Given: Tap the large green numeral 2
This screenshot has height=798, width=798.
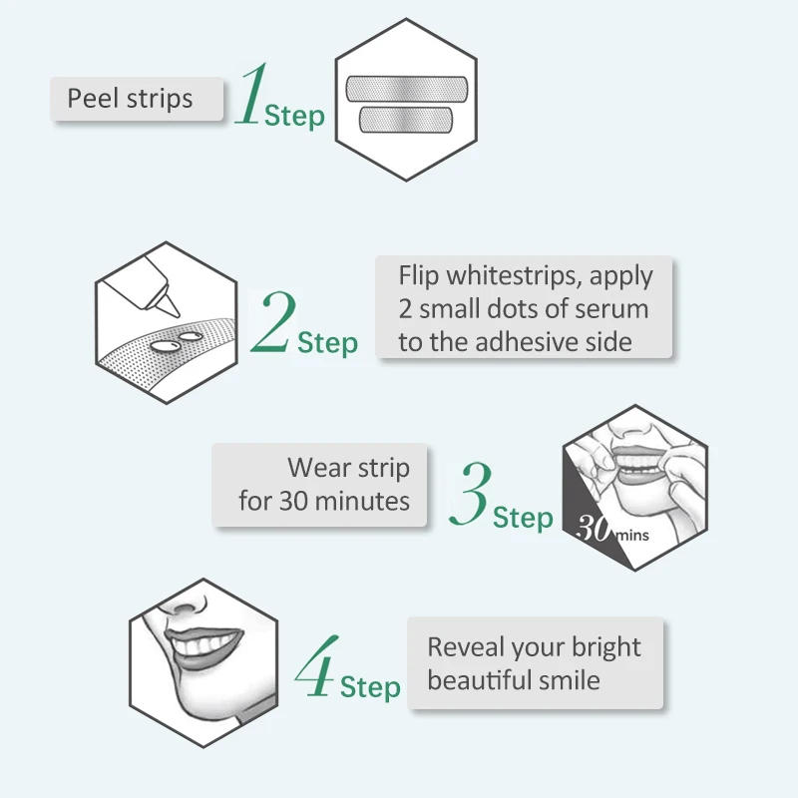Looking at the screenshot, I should tap(273, 322).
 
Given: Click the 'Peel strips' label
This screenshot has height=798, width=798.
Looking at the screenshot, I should tap(130, 99).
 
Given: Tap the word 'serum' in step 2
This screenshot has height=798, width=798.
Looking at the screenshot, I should tap(608, 308).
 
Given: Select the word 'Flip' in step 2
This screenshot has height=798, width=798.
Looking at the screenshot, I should tap(419, 275).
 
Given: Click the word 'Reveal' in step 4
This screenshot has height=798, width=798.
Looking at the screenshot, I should tap(467, 647).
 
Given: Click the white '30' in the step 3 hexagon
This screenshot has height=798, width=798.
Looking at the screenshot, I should tap(595, 529).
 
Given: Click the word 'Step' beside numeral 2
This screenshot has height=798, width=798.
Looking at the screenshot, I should tap(327, 343).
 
